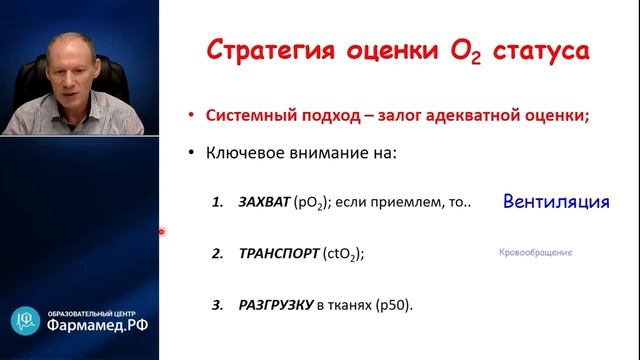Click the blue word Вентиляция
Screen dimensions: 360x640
(x=556, y=201)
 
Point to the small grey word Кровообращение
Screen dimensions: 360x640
(x=535, y=253)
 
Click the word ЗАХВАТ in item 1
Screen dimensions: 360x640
(x=263, y=202)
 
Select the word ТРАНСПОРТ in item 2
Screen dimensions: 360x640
(x=277, y=254)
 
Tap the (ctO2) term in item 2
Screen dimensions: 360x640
(x=342, y=255)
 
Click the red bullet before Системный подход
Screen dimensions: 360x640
(x=192, y=115)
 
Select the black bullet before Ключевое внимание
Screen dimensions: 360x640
(x=192, y=155)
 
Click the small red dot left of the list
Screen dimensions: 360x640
(x=161, y=232)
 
